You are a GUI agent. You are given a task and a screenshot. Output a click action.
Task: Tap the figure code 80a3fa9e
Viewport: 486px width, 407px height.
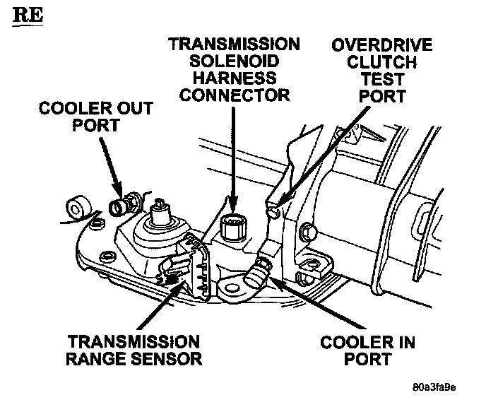(436, 387)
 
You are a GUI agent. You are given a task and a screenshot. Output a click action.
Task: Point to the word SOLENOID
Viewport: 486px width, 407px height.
(233, 61)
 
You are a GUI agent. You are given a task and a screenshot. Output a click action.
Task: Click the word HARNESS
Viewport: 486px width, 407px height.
(233, 77)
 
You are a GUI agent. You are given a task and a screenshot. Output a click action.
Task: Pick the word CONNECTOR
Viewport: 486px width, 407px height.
(233, 94)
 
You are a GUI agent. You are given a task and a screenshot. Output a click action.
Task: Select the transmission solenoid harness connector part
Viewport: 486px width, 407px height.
(232, 228)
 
